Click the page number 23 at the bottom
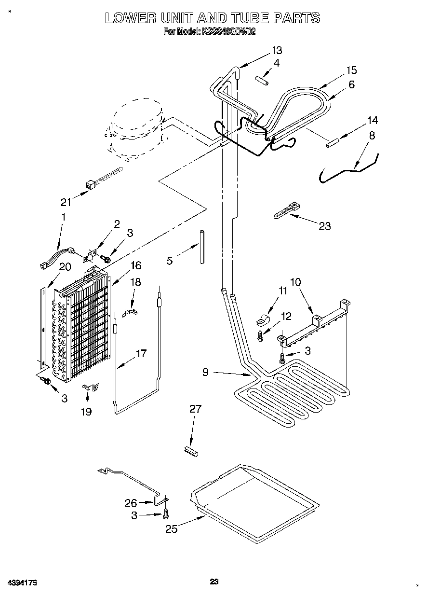[214, 582]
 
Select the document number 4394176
[22, 583]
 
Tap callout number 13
[277, 50]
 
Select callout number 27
[195, 409]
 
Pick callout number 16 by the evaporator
[135, 265]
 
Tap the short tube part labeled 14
[332, 143]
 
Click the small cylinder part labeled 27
[191, 451]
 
